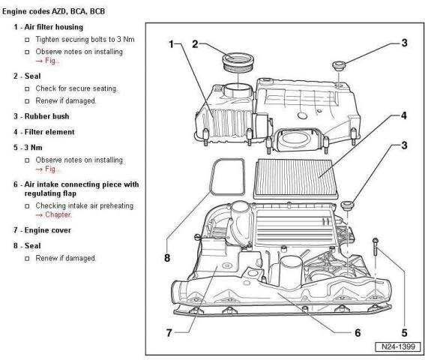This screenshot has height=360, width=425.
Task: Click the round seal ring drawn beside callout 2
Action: coord(236,58)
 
